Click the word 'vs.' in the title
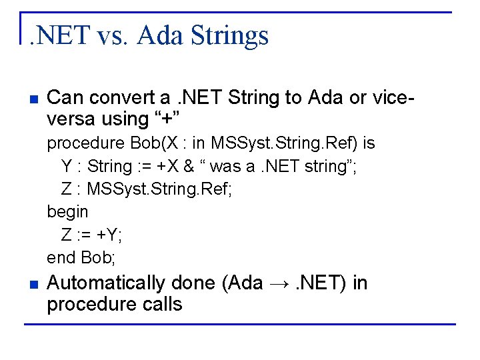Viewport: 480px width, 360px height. point(112,35)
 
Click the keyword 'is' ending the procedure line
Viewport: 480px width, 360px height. point(369,143)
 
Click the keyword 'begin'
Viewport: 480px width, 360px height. point(67,212)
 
